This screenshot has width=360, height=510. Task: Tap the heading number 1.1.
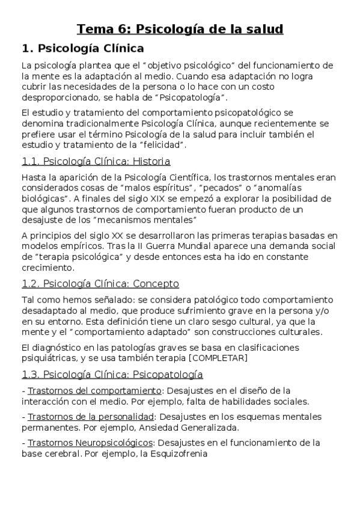31,161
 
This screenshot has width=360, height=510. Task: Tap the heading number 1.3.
31,374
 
